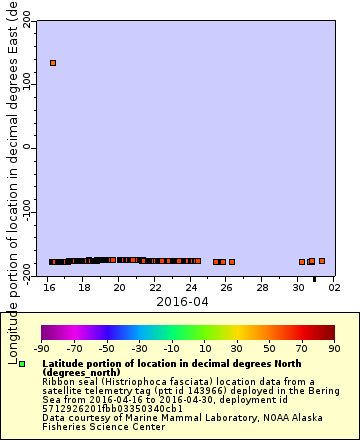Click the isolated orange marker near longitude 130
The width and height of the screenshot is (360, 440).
pos(53,63)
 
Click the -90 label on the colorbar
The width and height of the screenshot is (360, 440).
pos(42,349)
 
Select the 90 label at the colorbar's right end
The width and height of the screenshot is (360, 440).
pos(334,349)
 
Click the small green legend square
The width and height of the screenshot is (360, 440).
pos(22,364)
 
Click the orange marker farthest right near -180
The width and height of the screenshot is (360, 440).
pos(322,261)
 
